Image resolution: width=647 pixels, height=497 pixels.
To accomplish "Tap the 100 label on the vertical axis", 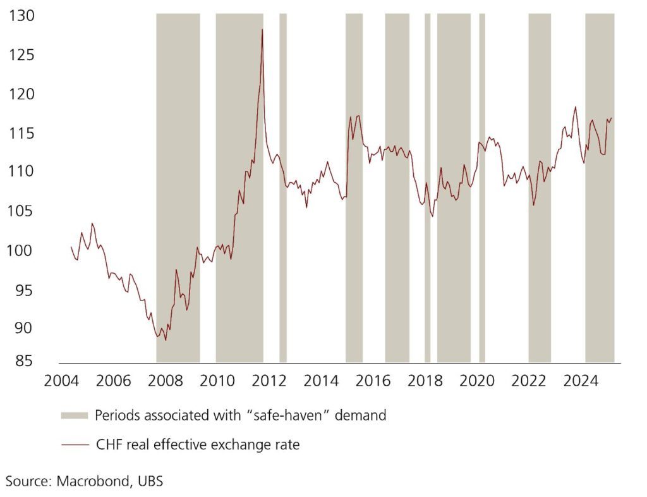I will [x=19, y=251].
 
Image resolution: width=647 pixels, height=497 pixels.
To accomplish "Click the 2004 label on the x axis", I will [x=61, y=381].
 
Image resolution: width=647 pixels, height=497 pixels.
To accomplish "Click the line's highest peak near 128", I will [x=262, y=29].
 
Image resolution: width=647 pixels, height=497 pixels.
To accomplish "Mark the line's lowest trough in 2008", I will [x=166, y=340].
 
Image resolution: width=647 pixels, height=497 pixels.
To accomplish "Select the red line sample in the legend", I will [x=75, y=445].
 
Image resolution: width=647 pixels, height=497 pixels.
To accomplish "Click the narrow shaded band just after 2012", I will [x=283, y=190].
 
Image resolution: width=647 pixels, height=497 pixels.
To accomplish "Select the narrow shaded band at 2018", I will [x=427, y=190].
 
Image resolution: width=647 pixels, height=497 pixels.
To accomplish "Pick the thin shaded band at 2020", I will [x=482, y=190].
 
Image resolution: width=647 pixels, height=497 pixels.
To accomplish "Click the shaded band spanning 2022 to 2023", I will [x=540, y=190].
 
